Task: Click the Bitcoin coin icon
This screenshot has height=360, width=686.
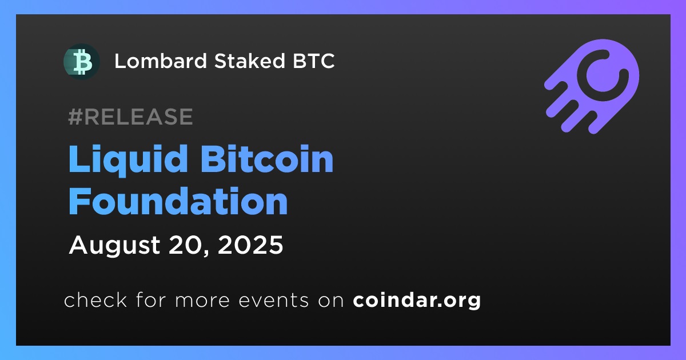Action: pos(81,62)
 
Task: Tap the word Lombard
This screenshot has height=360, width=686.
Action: pos(161,61)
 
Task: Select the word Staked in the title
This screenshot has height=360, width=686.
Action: pos(250,61)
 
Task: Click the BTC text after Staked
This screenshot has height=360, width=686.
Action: pos(314,61)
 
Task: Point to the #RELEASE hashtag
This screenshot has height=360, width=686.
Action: pos(130,117)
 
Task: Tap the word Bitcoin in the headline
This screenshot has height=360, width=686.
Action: pos(267,159)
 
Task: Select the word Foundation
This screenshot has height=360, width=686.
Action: pos(178,201)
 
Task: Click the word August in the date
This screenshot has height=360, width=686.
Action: pos(114,246)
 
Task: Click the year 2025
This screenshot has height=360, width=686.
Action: pos(250,245)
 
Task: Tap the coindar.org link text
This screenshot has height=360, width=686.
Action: pos(417,301)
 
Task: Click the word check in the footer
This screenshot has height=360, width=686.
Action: pos(95,299)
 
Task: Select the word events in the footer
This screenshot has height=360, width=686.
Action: pos(274,300)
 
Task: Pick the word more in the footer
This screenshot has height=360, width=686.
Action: pos(202,301)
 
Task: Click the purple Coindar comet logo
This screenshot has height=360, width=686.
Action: pos(592,86)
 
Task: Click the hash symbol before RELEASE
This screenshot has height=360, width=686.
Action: pos(75,117)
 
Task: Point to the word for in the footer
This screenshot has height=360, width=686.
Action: pos(151,299)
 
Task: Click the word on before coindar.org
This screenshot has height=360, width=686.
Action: pos(331,301)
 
